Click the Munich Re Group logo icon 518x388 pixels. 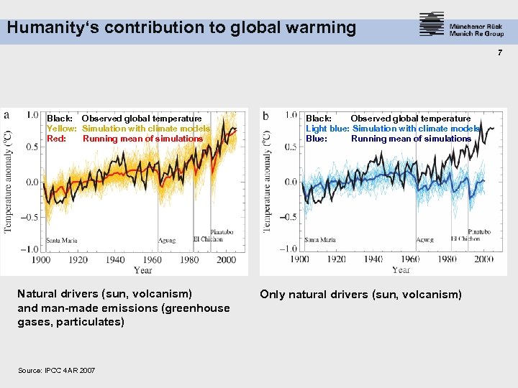pyautogui.click(x=432, y=24)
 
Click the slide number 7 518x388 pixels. pyautogui.click(x=499, y=52)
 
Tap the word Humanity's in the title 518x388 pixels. pyautogui.click(x=44, y=28)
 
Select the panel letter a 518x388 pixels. pyautogui.click(x=6, y=115)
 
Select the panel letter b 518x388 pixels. pyautogui.click(x=265, y=116)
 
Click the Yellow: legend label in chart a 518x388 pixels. pyautogui.click(x=62, y=129)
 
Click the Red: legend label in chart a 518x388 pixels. pyautogui.click(x=57, y=139)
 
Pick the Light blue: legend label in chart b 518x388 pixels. pyautogui.click(x=327, y=129)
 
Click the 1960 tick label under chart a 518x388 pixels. pyautogui.click(x=152, y=260)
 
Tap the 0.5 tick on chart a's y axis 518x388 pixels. pyautogui.click(x=32, y=147)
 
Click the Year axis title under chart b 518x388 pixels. pyautogui.click(x=401, y=269)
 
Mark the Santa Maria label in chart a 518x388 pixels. pyautogui.click(x=61, y=241)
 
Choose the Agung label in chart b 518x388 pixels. pyautogui.click(x=424, y=240)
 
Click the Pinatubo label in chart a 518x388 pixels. pyautogui.click(x=222, y=231)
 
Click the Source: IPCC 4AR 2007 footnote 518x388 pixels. pyautogui.click(x=56, y=370)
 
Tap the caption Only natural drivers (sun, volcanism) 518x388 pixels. pyautogui.click(x=360, y=295)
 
